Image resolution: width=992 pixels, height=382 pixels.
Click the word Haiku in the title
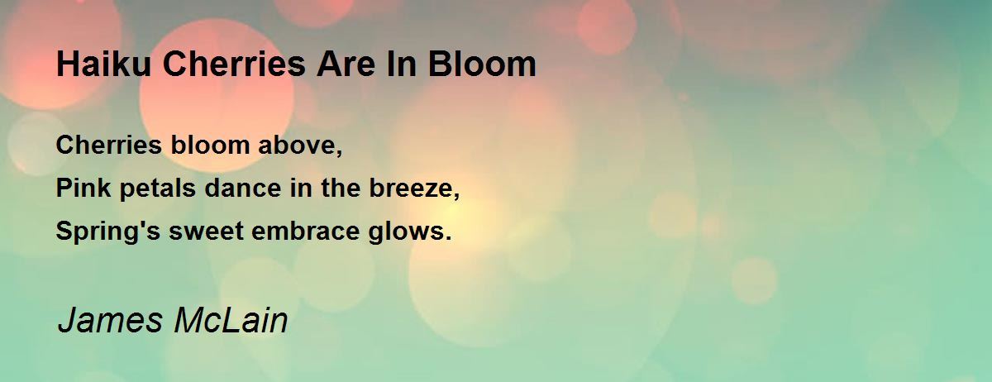point(103,64)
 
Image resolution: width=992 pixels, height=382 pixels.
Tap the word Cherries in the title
point(234,64)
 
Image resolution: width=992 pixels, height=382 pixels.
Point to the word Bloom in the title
point(482,64)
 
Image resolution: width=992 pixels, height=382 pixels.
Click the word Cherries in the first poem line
point(109,145)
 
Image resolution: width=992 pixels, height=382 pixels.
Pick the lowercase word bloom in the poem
point(210,145)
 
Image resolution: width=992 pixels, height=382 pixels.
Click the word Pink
point(83,188)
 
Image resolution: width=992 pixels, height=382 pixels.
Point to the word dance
point(243,188)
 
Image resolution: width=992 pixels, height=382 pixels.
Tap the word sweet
point(207,232)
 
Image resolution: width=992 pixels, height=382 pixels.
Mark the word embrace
point(306,231)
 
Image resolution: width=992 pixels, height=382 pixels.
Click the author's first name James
point(110,320)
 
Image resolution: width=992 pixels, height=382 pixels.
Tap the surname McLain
point(231,320)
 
